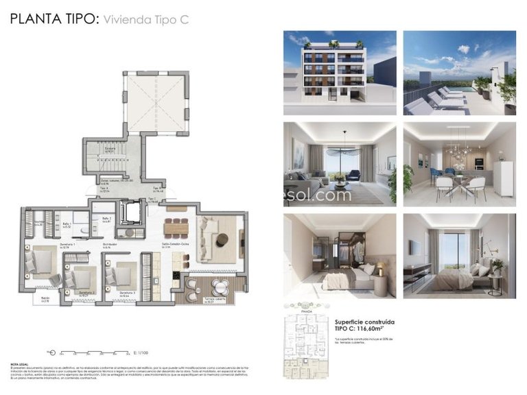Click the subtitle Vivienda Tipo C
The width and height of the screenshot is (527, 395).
pos(145,20)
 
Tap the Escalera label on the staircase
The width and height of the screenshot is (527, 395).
pos(109,148)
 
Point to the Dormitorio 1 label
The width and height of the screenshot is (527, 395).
pos(66,245)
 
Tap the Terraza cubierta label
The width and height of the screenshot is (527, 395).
pos(215,300)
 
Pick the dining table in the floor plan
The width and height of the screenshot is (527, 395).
pos(177,226)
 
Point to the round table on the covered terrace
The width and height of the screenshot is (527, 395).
pos(219,286)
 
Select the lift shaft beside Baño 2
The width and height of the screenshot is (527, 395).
pos(129,213)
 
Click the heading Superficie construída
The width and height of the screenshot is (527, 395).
pos(364,321)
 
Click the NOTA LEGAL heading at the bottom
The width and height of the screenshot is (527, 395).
pos(19,365)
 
